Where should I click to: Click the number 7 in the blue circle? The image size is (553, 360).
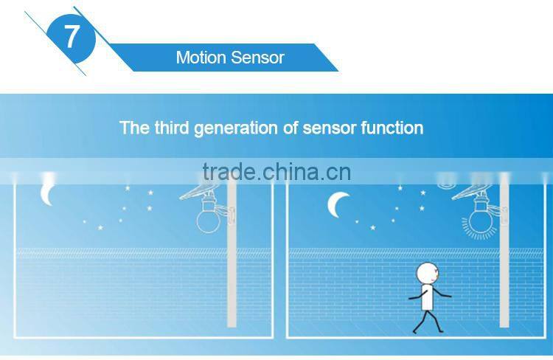71,36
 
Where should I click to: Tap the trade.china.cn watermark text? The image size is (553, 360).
276,173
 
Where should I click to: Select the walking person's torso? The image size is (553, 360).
425,300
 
